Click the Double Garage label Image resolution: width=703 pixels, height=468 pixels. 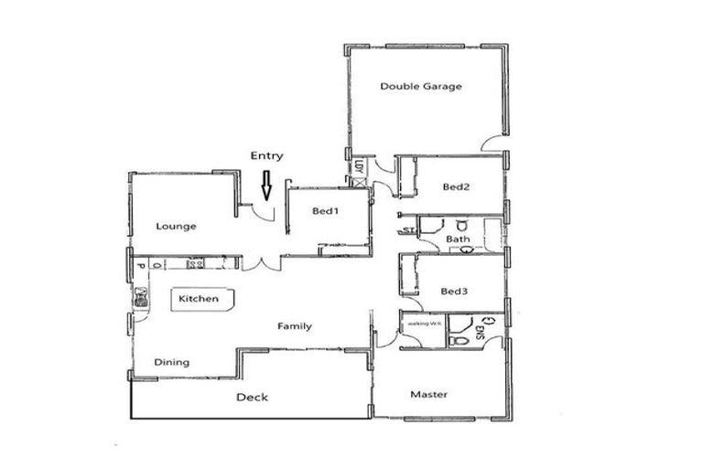[x=421, y=87]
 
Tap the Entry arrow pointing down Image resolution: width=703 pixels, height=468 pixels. [x=266, y=187]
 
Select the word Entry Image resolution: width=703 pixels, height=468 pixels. [x=266, y=156]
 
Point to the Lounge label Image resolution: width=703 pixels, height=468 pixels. [x=176, y=226]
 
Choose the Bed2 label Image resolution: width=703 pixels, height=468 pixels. [x=456, y=187]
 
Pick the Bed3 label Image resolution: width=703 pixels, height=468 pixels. [x=454, y=292]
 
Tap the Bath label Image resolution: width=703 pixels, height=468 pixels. [x=458, y=239]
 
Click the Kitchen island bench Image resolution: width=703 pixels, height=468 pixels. [x=200, y=300]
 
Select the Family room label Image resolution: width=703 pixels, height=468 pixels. [x=295, y=326]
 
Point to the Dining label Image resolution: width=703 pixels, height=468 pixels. [x=171, y=362]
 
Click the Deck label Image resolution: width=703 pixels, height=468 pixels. [x=252, y=397]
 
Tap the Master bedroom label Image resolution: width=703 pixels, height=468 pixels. [x=428, y=395]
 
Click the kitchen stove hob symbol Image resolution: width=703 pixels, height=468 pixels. [x=195, y=263]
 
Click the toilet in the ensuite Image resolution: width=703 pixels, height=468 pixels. [x=460, y=339]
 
